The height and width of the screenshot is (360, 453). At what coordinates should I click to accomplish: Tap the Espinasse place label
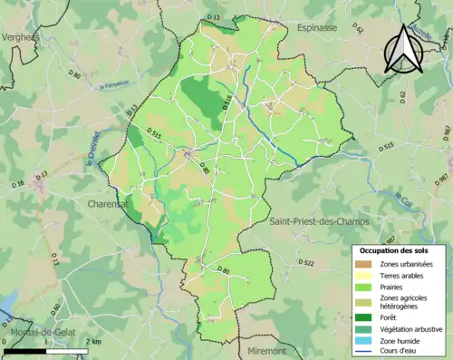tap(318, 29)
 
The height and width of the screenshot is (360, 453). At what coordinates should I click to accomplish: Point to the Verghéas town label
tap(20, 37)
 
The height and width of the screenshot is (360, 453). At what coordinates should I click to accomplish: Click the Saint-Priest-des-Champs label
tap(312, 220)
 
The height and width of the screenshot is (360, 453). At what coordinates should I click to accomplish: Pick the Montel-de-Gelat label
tap(40, 333)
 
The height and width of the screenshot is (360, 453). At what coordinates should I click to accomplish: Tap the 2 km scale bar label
tap(92, 342)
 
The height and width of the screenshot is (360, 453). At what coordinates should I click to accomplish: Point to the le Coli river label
tap(403, 197)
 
